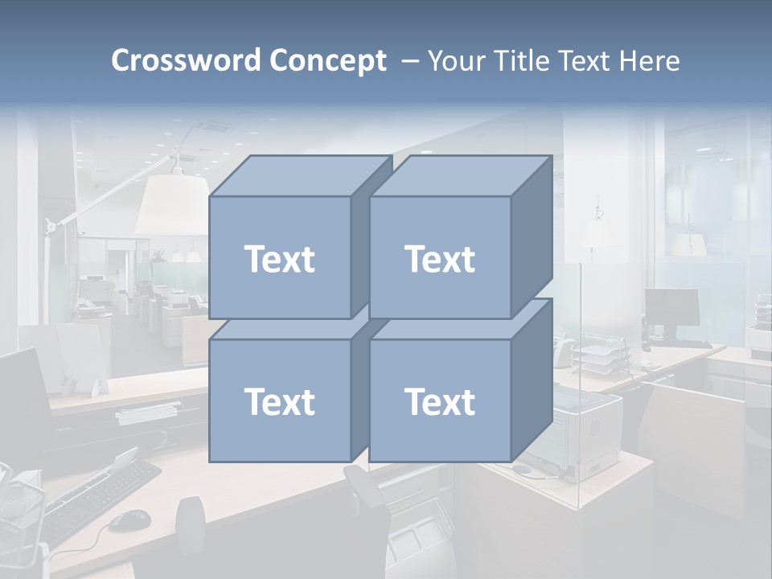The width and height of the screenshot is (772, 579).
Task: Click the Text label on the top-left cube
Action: (x=279, y=259)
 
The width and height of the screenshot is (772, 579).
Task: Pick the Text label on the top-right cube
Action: (x=440, y=259)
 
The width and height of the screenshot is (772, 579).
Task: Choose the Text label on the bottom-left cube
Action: (x=279, y=401)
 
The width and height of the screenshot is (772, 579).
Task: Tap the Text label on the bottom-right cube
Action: (x=440, y=401)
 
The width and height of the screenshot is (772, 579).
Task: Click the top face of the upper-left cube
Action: (x=300, y=175)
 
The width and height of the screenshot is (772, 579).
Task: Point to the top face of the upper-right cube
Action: (x=461, y=175)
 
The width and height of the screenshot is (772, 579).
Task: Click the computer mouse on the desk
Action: (x=129, y=520)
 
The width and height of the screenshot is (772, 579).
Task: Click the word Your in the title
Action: (x=455, y=60)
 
